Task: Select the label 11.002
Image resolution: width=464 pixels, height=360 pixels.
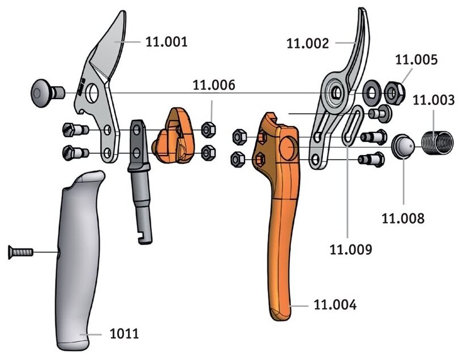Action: pyautogui.click(x=308, y=42)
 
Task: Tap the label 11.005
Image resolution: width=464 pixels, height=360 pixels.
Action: pyautogui.click(x=416, y=58)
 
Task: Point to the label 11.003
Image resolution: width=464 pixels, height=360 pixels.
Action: pyautogui.click(x=433, y=100)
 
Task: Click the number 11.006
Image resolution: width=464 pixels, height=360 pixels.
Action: pyautogui.click(x=214, y=85)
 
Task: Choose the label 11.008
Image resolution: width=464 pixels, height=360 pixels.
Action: pyautogui.click(x=403, y=217)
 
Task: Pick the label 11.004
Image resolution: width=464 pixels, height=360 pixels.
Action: pyautogui.click(x=336, y=305)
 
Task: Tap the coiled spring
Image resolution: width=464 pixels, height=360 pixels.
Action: pyautogui.click(x=437, y=142)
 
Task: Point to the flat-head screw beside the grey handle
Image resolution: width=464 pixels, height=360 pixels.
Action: pyautogui.click(x=20, y=252)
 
